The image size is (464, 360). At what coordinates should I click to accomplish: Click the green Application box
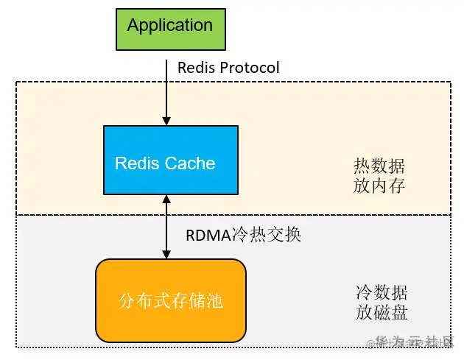(x=169, y=29)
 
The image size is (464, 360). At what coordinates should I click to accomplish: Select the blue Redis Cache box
(x=170, y=161)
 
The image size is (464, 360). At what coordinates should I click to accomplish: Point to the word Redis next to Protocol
(x=195, y=68)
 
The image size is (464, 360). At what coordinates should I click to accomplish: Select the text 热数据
(x=379, y=166)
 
